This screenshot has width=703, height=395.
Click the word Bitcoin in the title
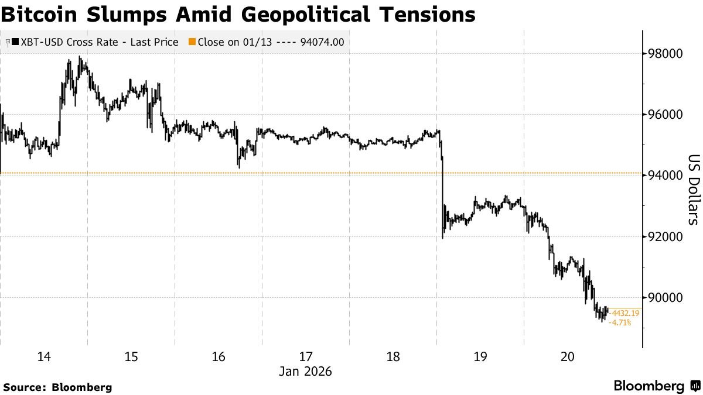[x=40, y=14]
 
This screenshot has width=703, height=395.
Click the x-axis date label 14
[x=44, y=357]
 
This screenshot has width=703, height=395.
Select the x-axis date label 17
[x=306, y=357]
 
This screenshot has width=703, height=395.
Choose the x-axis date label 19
[x=480, y=357]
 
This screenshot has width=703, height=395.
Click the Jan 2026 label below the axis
[x=305, y=372]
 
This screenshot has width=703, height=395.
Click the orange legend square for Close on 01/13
[x=192, y=42]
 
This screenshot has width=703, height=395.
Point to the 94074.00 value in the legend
[x=322, y=42]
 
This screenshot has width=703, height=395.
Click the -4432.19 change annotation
[x=624, y=314]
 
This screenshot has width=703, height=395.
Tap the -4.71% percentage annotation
[x=620, y=322]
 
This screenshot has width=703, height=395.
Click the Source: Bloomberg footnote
[x=57, y=387]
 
